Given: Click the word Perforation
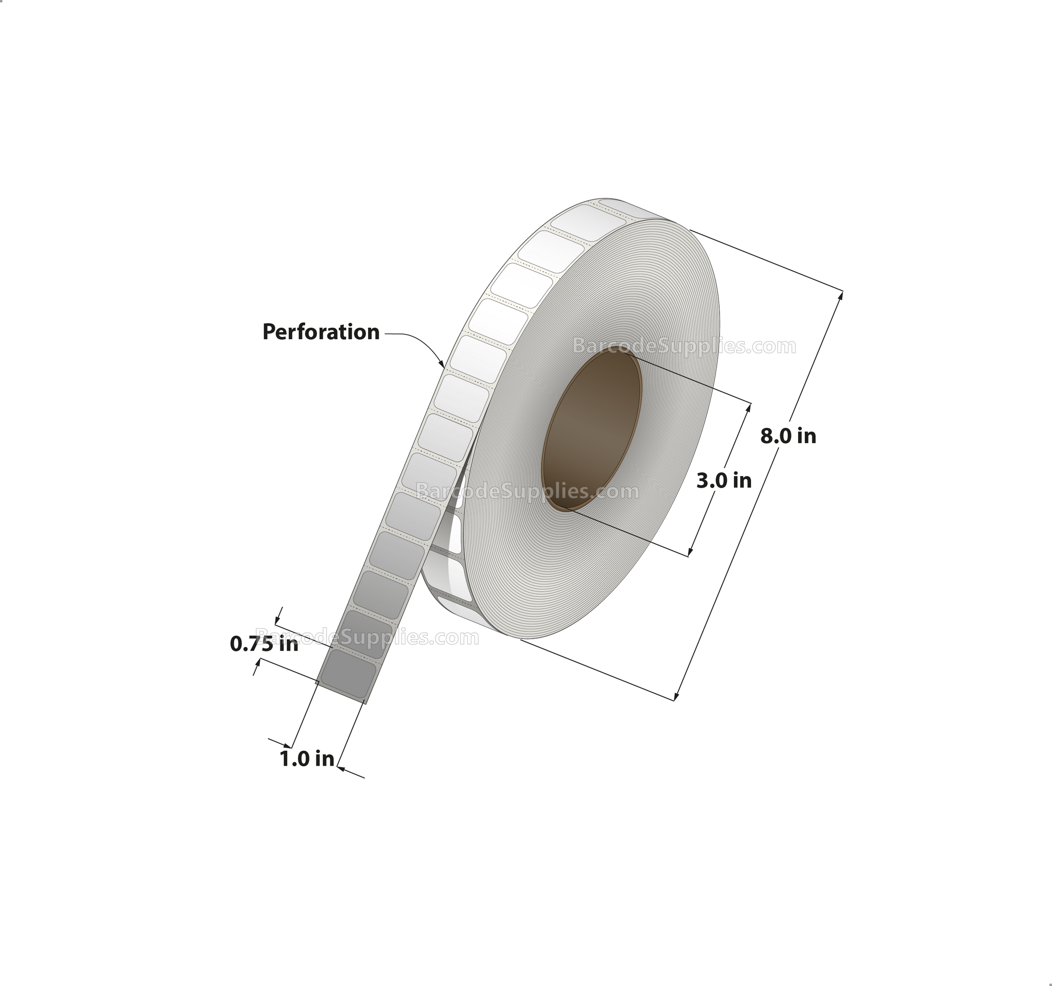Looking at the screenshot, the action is click(x=321, y=332).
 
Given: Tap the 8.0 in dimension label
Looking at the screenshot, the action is click(x=788, y=436).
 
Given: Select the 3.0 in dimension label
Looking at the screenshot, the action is click(x=723, y=480).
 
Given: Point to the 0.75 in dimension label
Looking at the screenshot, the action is click(x=264, y=644).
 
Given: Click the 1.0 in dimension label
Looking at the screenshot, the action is click(x=307, y=759).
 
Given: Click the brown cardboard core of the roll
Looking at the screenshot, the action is click(x=592, y=429).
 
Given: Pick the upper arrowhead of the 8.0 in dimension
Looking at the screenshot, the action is click(x=840, y=296).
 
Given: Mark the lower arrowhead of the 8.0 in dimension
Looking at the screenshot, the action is click(x=677, y=695).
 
